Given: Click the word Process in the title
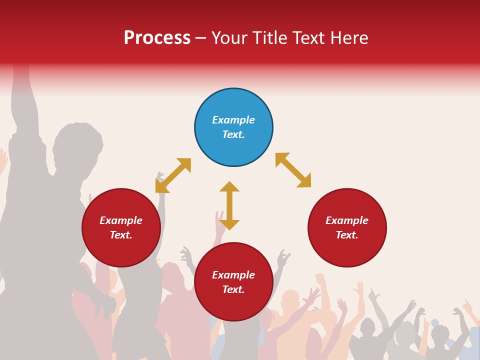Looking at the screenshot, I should coord(157,38).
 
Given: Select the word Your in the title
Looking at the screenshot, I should coord(230,38).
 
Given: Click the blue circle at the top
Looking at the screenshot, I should coord(233,107).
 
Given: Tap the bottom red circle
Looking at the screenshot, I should coord(233,305).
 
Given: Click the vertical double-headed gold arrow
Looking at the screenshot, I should coord(229,205).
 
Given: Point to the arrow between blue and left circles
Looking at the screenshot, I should coord(173,175).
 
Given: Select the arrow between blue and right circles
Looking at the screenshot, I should coord(293,170).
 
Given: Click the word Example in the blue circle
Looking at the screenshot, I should coord(233,120).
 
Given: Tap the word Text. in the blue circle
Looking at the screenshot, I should coord(233,134).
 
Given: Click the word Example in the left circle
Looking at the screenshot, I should coord(121,220).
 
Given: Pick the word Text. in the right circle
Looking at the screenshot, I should coord(347,235).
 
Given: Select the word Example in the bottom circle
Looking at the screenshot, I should coord(233,275).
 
